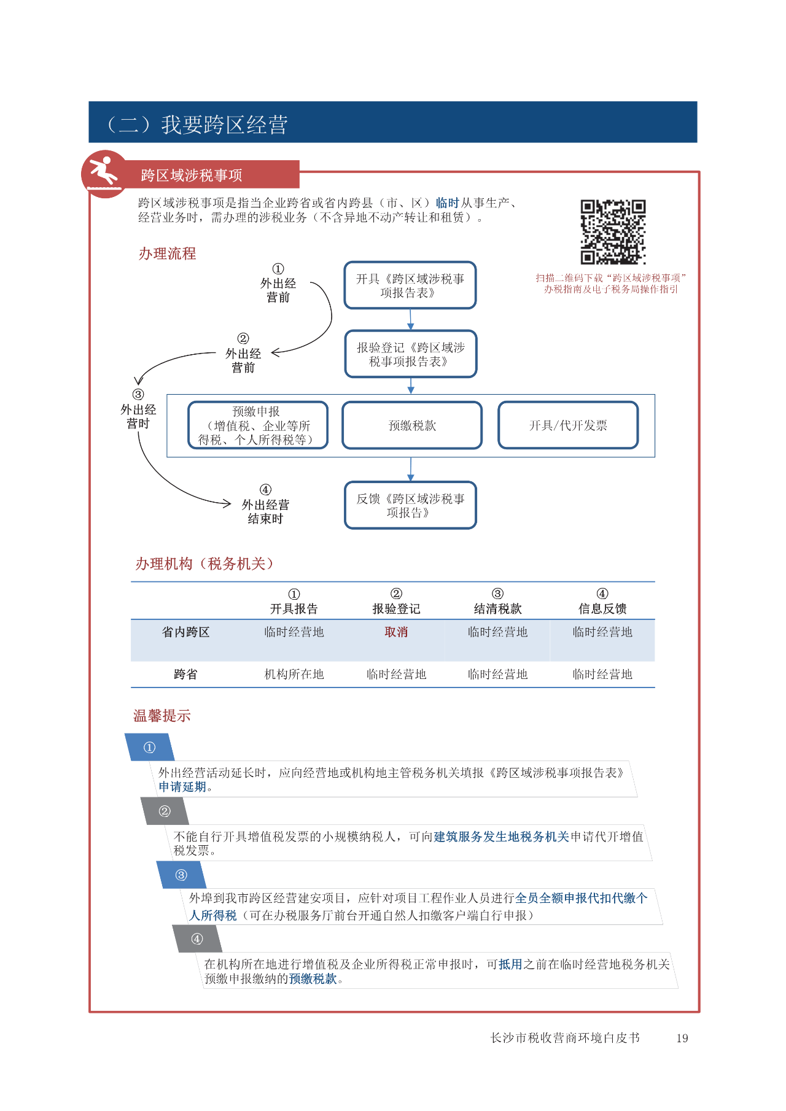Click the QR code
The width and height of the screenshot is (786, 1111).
pos(613,232)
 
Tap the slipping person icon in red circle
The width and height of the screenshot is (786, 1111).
pos(105,174)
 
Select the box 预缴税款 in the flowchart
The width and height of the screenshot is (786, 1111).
pos(412,425)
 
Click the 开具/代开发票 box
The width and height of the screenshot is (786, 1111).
pos(568,425)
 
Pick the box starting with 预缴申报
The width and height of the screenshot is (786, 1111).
pos(258,425)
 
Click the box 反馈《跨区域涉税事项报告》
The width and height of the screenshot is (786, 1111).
pos(411,505)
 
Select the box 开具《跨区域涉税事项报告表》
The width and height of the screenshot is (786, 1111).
pos(410,285)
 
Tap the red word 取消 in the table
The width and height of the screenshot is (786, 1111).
pos(396,632)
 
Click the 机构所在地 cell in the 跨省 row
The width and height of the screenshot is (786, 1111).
pos(294,675)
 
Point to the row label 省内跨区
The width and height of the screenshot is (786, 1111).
pos(185,632)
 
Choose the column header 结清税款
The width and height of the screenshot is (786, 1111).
pos(497,609)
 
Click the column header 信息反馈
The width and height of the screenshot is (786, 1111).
pos(602,609)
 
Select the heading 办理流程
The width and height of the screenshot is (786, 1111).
pos(167,254)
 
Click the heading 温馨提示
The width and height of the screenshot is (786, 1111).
pos(162,716)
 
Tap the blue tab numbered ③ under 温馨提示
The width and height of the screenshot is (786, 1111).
pos(181,875)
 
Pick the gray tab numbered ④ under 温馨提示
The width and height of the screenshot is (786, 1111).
pos(197,939)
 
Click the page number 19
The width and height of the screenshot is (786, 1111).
pos(682,1039)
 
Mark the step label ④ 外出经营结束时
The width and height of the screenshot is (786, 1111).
pos(265,505)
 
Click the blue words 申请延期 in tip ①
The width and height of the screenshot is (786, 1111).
pos(182,787)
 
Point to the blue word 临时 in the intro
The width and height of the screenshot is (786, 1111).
pos(448,203)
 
